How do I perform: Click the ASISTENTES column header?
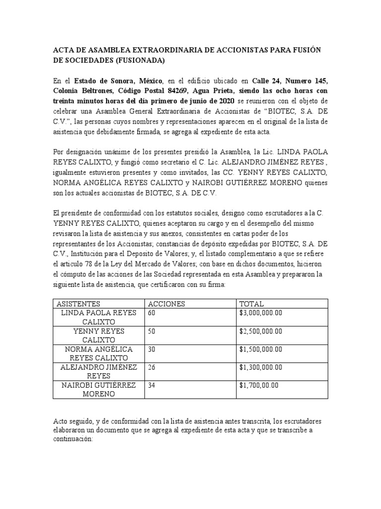(78, 304)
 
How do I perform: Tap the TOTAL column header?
(252, 304)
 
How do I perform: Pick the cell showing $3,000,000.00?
(261, 313)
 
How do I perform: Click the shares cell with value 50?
(152, 331)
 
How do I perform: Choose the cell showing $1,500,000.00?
(261, 349)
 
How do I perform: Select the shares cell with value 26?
(152, 367)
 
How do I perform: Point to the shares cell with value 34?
(152, 385)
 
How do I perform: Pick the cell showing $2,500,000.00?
(261, 331)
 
